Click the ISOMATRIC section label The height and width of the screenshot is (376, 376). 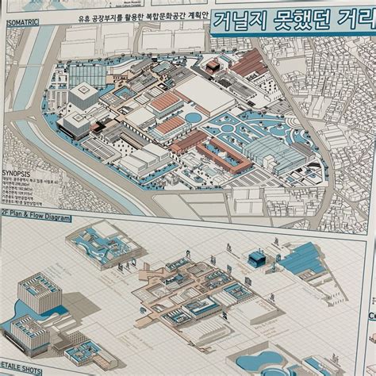[x=24, y=23]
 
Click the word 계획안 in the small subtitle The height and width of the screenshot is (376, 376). [x=188, y=15]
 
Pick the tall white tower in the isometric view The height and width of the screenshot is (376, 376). [x=82, y=97]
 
